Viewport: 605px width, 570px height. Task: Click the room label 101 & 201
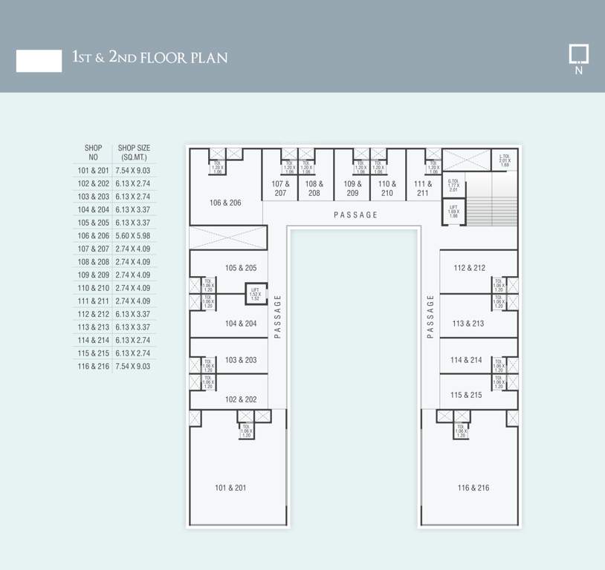point(230,488)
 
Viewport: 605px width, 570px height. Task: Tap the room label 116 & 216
point(473,488)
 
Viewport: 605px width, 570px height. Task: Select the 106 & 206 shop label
point(225,203)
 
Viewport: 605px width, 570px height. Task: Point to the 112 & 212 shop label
point(469,268)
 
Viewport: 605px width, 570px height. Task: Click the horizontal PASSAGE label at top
point(355,215)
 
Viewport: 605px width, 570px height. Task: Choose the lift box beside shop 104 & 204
point(256,295)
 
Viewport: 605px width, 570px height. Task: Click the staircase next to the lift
point(491,200)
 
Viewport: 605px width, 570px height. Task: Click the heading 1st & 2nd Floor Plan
point(149,57)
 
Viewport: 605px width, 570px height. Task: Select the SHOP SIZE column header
point(134,152)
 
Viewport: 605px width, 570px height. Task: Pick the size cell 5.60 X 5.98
point(133,235)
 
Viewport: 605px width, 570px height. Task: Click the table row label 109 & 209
point(93,275)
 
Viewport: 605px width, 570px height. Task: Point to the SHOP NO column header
point(94,152)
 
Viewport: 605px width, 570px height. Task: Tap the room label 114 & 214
point(466,360)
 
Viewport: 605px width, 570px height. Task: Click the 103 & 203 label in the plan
point(241,360)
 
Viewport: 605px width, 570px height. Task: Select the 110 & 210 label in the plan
point(387,189)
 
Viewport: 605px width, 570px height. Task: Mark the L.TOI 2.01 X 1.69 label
point(505,160)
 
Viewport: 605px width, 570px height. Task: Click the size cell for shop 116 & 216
point(133,367)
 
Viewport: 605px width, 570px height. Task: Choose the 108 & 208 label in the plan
point(314,189)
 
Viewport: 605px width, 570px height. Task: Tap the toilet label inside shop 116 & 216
point(461,432)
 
